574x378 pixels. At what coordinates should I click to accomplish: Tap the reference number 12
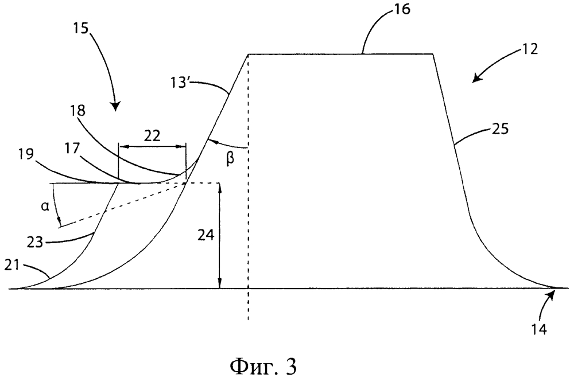coord(528,49)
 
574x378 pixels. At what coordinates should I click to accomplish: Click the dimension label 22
coord(152,136)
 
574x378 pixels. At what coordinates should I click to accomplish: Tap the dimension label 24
coord(205,235)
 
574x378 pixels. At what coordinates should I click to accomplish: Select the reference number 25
coord(500,129)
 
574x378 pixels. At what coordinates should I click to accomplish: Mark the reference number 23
coord(36,242)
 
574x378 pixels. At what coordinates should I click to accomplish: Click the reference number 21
coord(12,266)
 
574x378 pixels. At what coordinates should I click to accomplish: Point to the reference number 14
coord(540,329)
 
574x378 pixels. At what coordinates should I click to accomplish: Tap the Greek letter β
coord(230,160)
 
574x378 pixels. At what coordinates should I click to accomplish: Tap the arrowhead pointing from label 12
coord(477,78)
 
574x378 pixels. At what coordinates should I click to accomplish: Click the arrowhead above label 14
coord(550,293)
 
